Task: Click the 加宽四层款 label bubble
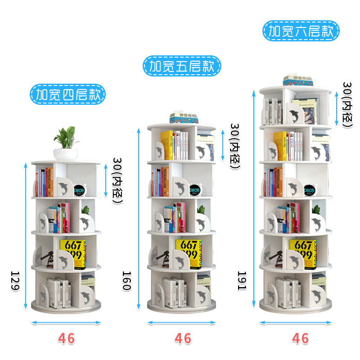[67, 95]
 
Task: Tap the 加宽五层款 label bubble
[182, 67]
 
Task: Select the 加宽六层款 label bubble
[301, 31]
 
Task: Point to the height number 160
[127, 281]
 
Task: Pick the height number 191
[242, 281]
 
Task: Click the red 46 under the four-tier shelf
[66, 338]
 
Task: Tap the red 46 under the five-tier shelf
[182, 338]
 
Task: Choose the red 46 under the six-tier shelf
[300, 338]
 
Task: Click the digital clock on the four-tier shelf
[79, 191]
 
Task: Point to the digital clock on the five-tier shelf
[195, 191]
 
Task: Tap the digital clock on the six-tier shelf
[310, 191]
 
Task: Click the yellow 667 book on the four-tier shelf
[73, 253]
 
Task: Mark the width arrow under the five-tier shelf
[182, 323]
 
